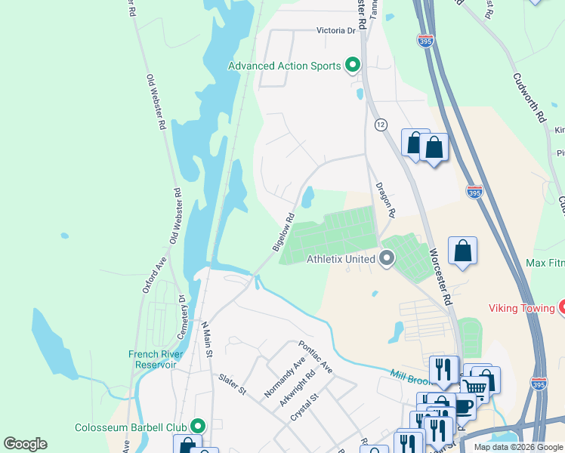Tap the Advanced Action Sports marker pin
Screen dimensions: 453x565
point(352,66)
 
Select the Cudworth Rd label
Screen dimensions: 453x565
point(528,97)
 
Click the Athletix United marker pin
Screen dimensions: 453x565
point(387,259)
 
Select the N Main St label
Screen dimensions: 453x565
point(205,341)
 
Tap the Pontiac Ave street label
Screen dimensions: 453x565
point(315,356)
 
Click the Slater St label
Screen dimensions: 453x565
point(232,384)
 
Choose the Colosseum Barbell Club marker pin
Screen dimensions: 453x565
point(199,427)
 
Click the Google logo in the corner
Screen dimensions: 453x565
point(25,444)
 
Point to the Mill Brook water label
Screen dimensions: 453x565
point(410,375)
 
